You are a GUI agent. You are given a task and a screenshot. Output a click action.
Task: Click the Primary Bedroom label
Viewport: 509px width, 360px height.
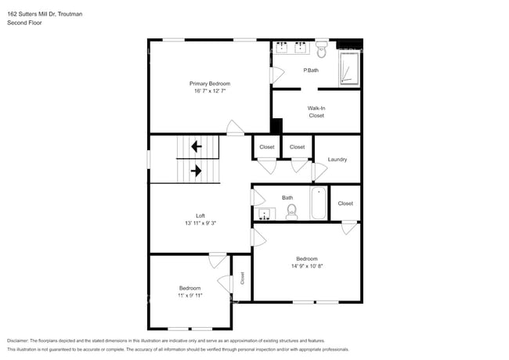point(209,83)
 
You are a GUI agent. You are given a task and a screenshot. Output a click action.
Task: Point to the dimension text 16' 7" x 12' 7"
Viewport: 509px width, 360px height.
point(209,92)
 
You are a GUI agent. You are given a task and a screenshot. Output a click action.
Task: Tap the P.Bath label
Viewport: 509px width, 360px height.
point(311,70)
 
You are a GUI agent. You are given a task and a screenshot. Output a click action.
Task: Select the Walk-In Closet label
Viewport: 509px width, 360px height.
point(316,111)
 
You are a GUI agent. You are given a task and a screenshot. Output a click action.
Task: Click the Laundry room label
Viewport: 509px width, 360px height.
point(338,159)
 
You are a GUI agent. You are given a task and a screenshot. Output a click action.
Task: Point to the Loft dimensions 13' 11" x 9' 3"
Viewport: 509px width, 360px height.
point(200,224)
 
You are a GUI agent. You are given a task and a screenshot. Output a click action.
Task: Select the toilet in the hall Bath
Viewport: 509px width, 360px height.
point(291,212)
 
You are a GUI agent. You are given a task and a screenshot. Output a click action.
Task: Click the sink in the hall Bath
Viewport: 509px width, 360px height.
point(265,214)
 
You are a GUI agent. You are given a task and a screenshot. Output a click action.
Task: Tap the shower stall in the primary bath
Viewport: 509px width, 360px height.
point(349,69)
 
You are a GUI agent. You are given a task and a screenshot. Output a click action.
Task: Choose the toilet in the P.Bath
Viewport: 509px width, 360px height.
point(322,51)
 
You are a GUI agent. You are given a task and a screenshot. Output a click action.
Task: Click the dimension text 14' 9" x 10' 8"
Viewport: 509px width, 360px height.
point(306,266)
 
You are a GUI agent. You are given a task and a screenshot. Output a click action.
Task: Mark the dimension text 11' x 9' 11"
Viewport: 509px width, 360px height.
point(190,296)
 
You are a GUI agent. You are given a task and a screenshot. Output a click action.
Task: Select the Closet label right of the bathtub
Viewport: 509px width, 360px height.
point(345,203)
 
